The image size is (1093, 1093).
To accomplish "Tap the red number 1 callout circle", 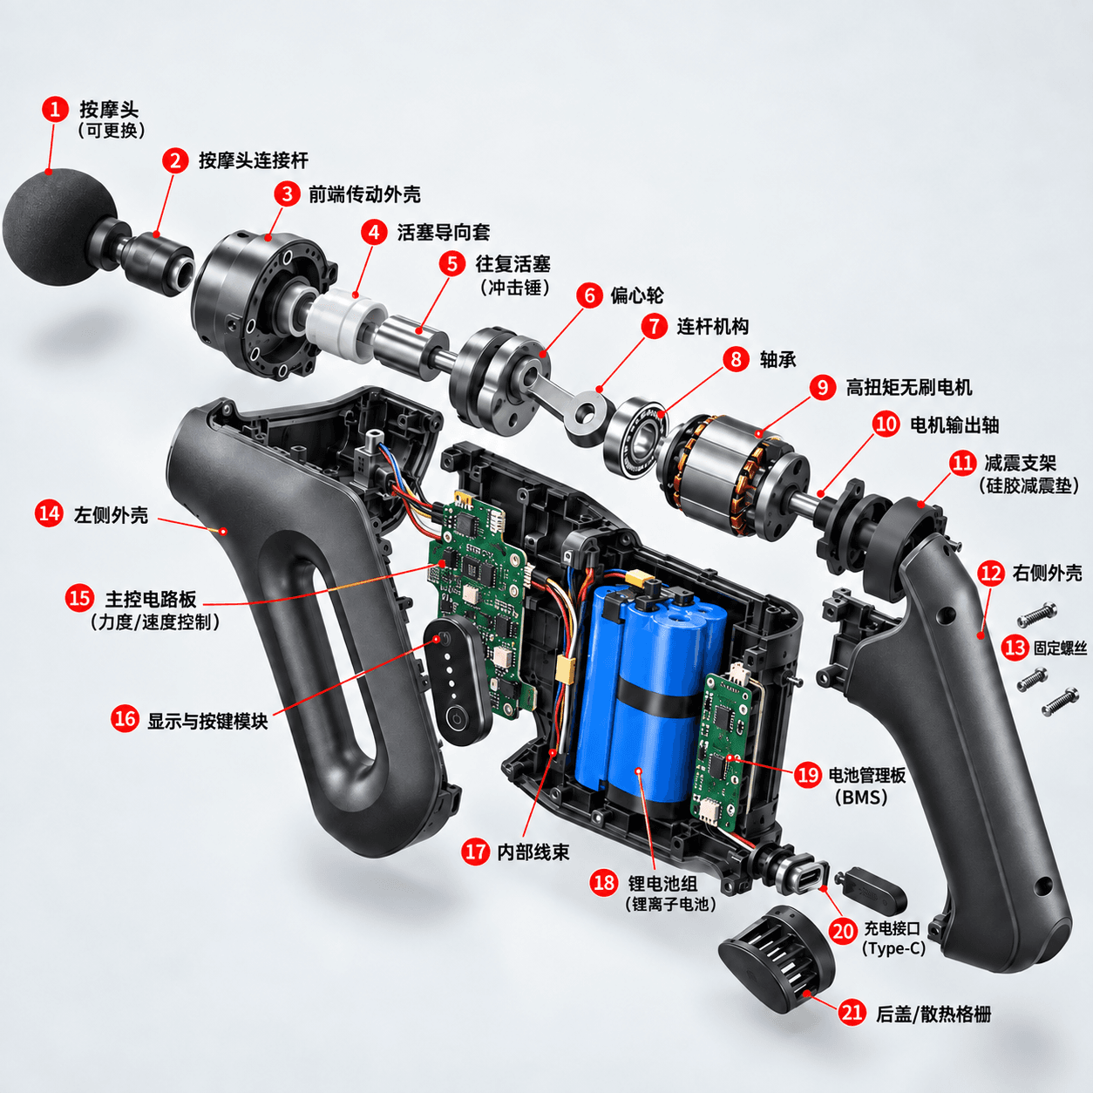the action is pos(55,109).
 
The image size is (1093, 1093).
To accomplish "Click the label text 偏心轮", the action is pos(636,295).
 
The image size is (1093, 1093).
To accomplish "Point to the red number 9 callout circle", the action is pos(822,387).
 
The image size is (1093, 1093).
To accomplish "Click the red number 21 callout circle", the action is pos(852,1013).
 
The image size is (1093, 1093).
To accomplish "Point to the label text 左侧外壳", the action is pos(111,514).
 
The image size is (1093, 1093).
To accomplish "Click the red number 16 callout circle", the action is pos(125,719).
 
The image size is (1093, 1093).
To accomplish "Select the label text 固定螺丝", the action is pos(1060,648).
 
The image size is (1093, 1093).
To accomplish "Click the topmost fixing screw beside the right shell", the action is pos(1037,614).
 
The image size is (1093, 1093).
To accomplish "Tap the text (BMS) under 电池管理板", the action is pos(861,798).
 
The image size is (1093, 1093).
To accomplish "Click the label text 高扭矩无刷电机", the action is pos(909,387).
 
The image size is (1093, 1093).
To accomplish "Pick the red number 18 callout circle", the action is pos(603,882).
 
